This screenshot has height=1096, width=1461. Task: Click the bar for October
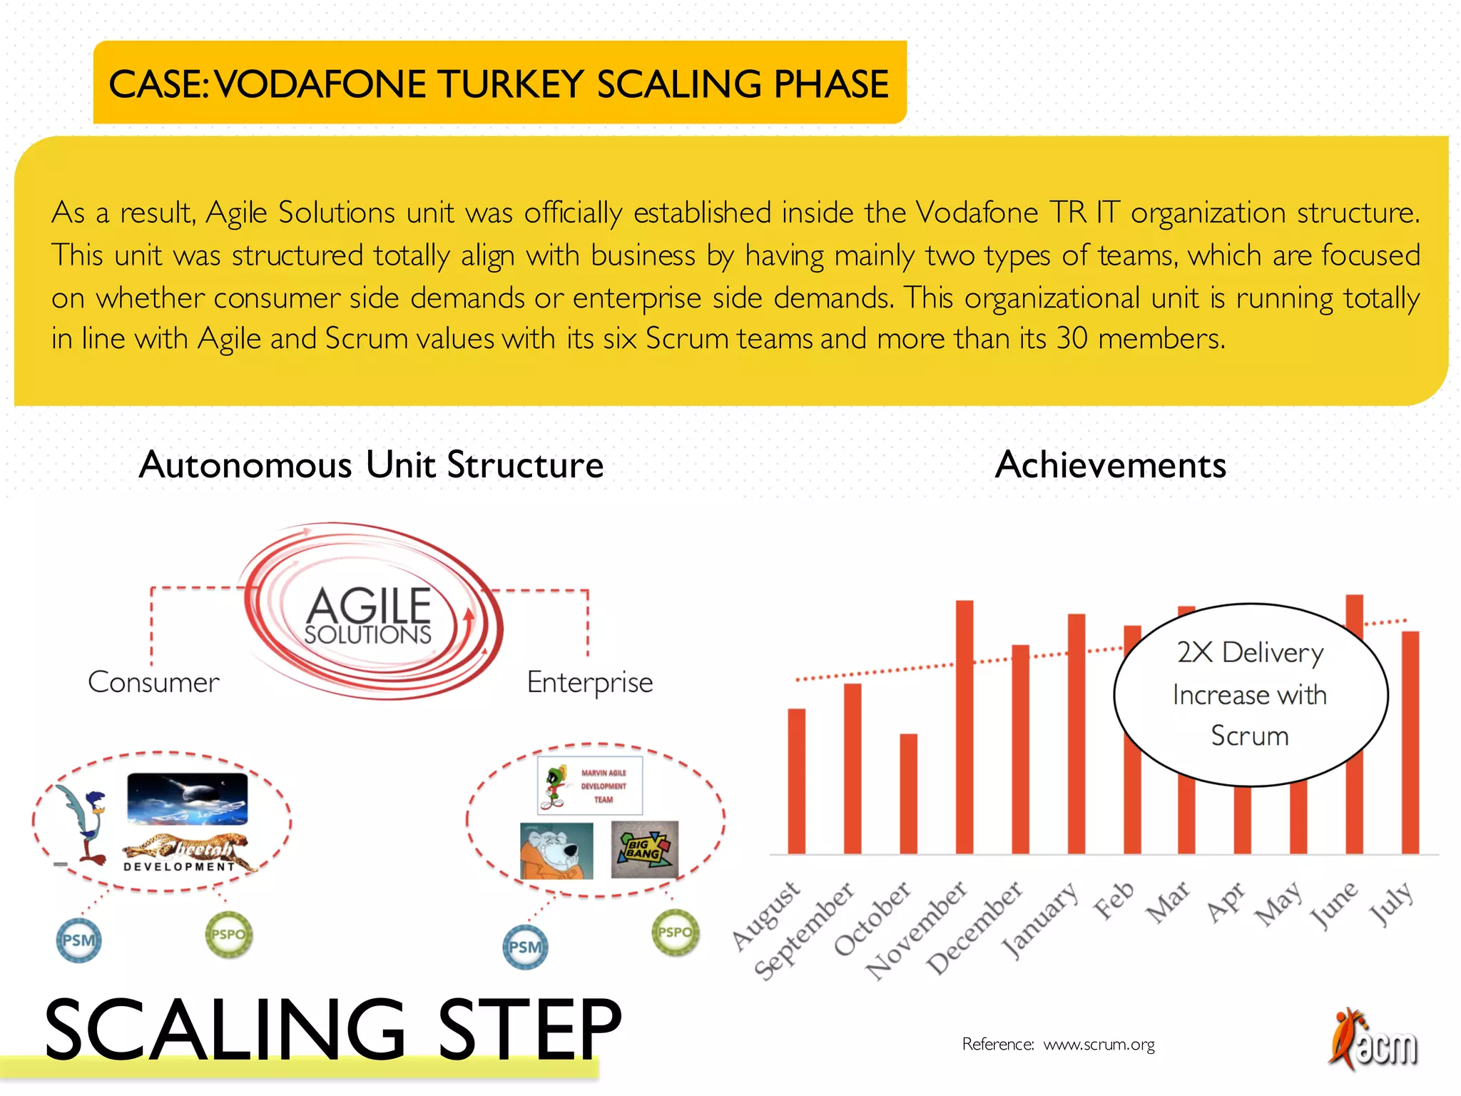pyautogui.click(x=908, y=793)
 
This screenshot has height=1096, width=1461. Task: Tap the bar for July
pyautogui.click(x=1410, y=742)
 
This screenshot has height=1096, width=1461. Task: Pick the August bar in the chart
pyautogui.click(x=796, y=781)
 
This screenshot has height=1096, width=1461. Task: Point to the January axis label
pyautogui.click(x=1040, y=920)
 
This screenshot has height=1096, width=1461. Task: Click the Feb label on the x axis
pyautogui.click(x=1114, y=900)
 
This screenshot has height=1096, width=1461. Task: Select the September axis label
pyautogui.click(x=805, y=930)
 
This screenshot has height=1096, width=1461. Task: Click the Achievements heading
pyautogui.click(x=1110, y=465)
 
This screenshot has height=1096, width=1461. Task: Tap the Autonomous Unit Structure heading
pyautogui.click(x=371, y=465)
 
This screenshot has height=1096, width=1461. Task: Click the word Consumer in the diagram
pyautogui.click(x=153, y=683)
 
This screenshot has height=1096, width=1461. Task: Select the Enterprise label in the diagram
pyautogui.click(x=589, y=683)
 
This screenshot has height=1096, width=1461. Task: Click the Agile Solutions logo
pyautogui.click(x=369, y=614)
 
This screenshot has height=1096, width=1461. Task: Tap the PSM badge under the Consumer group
pyautogui.click(x=78, y=940)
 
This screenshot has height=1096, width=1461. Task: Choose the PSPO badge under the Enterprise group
pyautogui.click(x=675, y=932)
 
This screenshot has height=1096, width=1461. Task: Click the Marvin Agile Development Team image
pyautogui.click(x=590, y=786)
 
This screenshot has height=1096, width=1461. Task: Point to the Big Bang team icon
pyautogui.click(x=645, y=849)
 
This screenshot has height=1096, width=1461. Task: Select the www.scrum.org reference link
pyautogui.click(x=1099, y=1045)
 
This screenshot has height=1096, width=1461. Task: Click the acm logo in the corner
pyautogui.click(x=1373, y=1040)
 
